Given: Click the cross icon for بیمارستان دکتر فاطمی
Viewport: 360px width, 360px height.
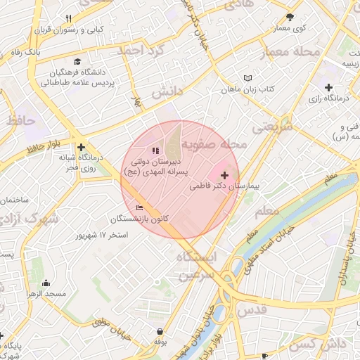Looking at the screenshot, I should tap(225, 175).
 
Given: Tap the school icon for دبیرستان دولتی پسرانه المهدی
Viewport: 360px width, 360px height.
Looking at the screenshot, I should tap(155, 150).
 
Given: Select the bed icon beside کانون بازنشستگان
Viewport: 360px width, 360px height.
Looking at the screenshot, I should tap(139, 208).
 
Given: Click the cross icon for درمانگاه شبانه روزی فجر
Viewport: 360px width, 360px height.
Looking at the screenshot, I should tap(82, 148).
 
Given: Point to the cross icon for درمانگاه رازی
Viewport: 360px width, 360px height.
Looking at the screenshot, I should tap(328, 87).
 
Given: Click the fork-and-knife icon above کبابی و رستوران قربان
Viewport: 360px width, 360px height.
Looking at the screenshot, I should tap(68, 18).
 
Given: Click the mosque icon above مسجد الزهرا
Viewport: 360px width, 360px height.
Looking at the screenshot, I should tap(46, 283).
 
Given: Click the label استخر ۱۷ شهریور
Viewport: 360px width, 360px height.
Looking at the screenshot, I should tap(103, 234).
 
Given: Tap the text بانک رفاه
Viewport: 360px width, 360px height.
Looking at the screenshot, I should tap(21, 52).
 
